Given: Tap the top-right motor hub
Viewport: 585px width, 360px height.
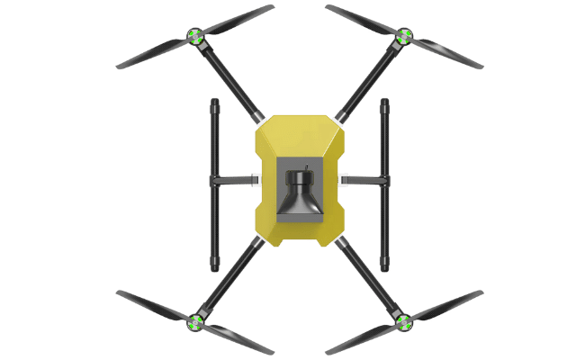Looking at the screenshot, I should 403,37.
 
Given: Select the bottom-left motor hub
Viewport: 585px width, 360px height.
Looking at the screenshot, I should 194,319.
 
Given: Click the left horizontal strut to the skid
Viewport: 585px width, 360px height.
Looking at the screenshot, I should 237,181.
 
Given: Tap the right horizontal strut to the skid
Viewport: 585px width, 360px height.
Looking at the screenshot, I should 364,181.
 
